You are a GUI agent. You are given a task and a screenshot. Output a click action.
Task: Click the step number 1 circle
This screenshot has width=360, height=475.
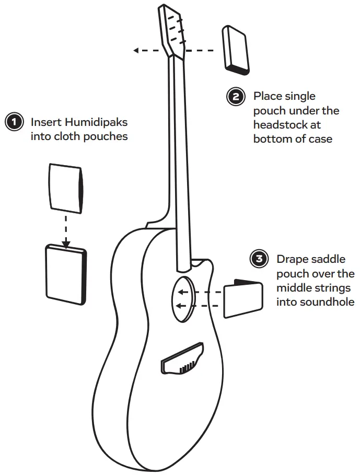14,122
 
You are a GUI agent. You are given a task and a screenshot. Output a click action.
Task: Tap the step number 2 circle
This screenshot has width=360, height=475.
236,97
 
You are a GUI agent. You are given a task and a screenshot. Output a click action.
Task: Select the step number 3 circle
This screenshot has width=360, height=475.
259,260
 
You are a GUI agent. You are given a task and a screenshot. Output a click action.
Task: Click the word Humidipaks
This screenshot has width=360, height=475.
96,122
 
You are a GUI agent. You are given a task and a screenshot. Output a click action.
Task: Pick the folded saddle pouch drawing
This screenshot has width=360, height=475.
243,298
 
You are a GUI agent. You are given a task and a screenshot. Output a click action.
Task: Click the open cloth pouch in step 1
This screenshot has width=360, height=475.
65,186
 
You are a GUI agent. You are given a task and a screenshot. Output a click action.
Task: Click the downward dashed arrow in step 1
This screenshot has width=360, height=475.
66,227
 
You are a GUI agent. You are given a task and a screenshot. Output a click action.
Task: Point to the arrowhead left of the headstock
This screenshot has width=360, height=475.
136,50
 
